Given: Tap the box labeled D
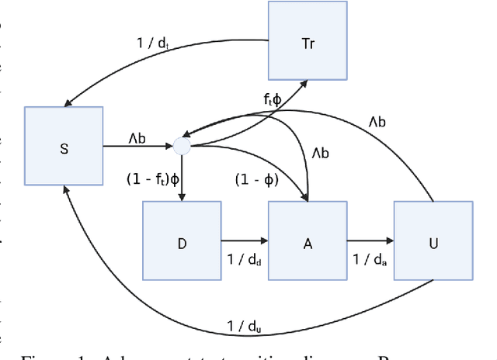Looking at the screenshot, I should (182, 242).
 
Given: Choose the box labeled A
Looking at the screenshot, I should (307, 242).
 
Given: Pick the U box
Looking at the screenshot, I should (433, 242).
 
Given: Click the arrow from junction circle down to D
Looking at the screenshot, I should (182, 177).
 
